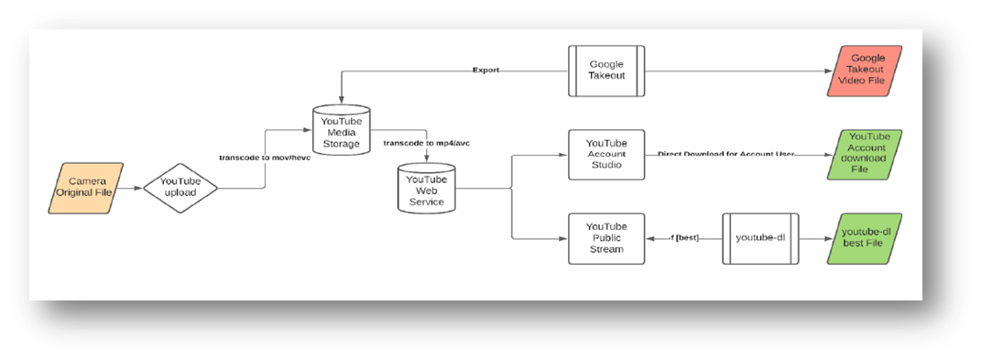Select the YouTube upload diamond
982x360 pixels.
click(180, 189)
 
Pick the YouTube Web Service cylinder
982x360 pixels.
click(426, 189)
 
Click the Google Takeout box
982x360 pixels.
click(606, 71)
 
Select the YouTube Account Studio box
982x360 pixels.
click(606, 154)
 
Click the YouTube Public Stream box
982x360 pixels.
click(606, 239)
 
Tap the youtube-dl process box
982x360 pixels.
click(760, 239)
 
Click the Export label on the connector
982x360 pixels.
click(486, 71)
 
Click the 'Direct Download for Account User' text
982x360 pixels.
click(726, 154)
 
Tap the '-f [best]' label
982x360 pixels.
click(682, 239)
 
